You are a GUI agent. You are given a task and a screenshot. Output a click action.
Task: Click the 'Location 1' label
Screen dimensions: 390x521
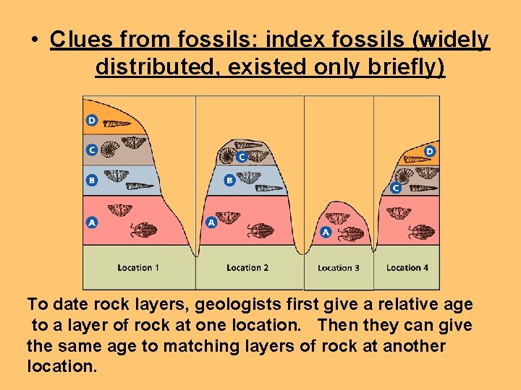(x=138, y=268)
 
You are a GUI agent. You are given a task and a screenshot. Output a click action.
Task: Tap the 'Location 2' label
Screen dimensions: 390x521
(x=247, y=268)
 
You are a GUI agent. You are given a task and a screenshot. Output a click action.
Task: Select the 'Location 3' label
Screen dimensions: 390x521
(x=338, y=268)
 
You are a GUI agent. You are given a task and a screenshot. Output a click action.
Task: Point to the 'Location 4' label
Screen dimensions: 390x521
(x=407, y=268)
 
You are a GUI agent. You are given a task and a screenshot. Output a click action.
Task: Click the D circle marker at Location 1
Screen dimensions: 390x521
(x=92, y=120)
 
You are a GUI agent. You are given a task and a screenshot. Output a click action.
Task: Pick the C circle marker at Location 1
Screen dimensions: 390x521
(x=92, y=149)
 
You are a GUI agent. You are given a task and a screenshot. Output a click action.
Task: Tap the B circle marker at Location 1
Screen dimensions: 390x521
(x=92, y=181)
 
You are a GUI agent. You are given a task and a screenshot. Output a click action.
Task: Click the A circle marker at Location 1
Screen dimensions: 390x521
(x=92, y=222)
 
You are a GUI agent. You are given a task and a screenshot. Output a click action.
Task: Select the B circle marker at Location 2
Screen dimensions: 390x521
(x=229, y=180)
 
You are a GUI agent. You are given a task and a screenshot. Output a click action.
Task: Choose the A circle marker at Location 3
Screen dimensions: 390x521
(x=326, y=232)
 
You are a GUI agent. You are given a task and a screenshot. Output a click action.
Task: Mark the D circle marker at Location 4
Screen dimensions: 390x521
(x=429, y=152)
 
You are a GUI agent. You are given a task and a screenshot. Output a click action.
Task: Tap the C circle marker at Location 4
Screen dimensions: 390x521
(x=395, y=188)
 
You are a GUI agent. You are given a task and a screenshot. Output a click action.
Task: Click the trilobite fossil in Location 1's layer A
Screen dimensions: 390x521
(x=140, y=230)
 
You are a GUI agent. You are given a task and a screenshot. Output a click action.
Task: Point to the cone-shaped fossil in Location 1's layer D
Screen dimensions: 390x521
(x=115, y=123)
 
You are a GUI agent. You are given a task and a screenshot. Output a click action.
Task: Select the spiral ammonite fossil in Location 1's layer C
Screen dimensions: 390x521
(x=111, y=149)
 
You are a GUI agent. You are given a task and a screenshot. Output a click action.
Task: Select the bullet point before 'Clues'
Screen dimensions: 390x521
(x=35, y=40)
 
